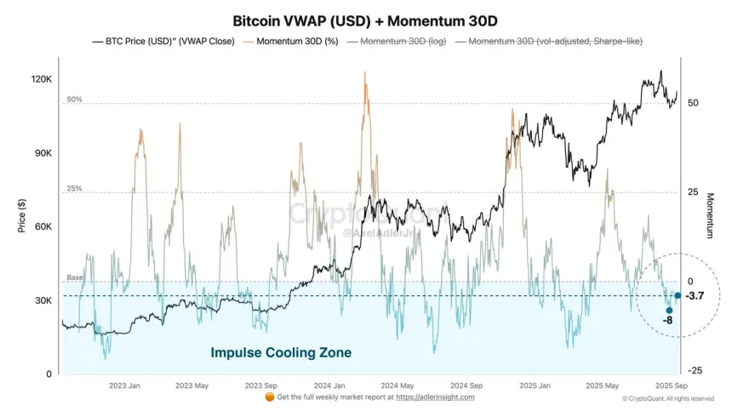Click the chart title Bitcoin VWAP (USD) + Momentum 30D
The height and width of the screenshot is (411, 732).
click(365, 19)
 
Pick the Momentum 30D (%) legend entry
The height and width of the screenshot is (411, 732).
click(292, 41)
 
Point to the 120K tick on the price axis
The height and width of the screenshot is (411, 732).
click(41, 79)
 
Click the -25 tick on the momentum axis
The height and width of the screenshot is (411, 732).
click(694, 371)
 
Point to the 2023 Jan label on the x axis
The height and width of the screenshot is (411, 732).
click(124, 385)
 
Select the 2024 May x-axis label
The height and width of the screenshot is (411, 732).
click(397, 385)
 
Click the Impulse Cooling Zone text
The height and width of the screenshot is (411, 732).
click(281, 352)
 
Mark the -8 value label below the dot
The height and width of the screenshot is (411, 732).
click(669, 321)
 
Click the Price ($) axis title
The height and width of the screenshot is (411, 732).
click(22, 215)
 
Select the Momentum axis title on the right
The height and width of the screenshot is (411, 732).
click(710, 215)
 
